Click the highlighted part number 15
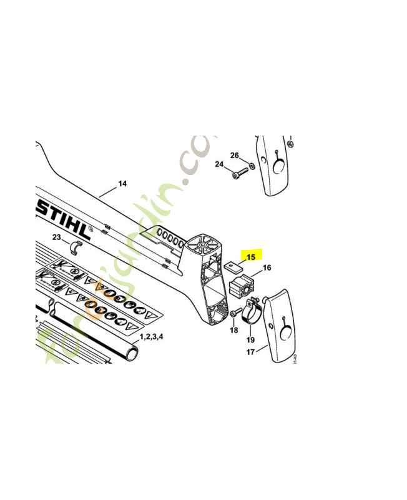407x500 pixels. (251, 256)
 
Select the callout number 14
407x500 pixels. (122, 183)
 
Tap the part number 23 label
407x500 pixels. (56, 237)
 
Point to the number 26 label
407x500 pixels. (235, 155)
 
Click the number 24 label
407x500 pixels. (219, 164)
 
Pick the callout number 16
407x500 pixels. (267, 268)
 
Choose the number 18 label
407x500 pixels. (233, 329)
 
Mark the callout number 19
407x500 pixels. (250, 339)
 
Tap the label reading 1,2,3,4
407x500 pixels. (150, 337)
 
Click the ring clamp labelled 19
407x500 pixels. (251, 312)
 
